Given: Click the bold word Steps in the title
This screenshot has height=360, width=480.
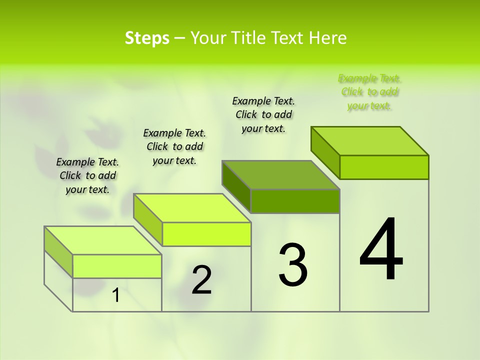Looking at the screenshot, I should [147, 38].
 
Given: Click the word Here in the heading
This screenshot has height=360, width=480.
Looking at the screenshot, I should [328, 38].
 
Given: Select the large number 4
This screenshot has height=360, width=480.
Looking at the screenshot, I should [381, 250].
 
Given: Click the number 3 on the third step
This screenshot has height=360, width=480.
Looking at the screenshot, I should [292, 265].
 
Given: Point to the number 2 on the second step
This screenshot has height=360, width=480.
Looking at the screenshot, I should [201, 280].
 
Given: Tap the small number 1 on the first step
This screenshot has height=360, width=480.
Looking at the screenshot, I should [116, 295].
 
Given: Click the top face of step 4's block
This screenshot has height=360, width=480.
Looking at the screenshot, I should [370, 140].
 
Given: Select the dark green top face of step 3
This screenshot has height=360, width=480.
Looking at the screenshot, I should [281, 175].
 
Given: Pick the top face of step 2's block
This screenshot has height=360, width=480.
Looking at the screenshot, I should [192, 208].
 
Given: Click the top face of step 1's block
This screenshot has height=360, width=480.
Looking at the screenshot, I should [103, 240].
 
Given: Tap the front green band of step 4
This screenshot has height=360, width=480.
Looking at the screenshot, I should [384, 167].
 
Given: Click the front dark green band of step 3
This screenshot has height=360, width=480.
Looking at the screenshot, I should [295, 201].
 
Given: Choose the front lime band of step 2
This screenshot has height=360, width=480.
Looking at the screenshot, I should [206, 234].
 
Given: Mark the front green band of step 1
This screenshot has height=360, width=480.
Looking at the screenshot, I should [117, 266].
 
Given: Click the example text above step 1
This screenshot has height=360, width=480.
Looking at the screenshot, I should [87, 175].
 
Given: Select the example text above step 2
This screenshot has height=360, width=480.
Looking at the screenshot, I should [174, 146].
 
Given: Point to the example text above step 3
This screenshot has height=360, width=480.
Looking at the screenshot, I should [263, 114].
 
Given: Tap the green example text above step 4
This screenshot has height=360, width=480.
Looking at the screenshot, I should [369, 92].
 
